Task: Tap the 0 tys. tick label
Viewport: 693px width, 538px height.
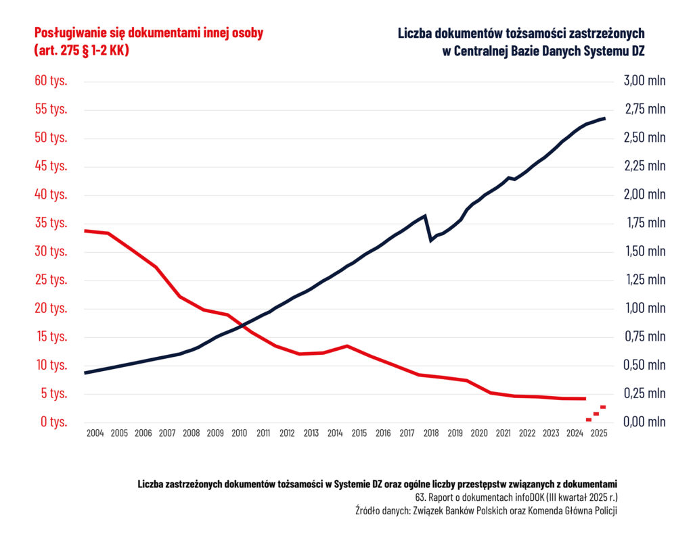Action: click(54, 422)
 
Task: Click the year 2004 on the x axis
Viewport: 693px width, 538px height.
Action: click(95, 433)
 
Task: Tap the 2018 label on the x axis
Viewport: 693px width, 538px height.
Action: click(431, 433)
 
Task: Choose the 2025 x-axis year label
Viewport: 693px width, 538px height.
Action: click(598, 433)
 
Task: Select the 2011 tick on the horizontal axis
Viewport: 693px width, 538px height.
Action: click(263, 433)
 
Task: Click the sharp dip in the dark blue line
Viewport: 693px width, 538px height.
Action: click(430, 240)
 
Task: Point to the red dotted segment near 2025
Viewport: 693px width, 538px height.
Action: click(596, 413)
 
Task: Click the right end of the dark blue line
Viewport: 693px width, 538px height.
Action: click(604, 118)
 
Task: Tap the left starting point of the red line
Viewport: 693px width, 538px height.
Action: click(85, 230)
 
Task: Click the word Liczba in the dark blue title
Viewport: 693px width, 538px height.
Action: click(416, 32)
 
